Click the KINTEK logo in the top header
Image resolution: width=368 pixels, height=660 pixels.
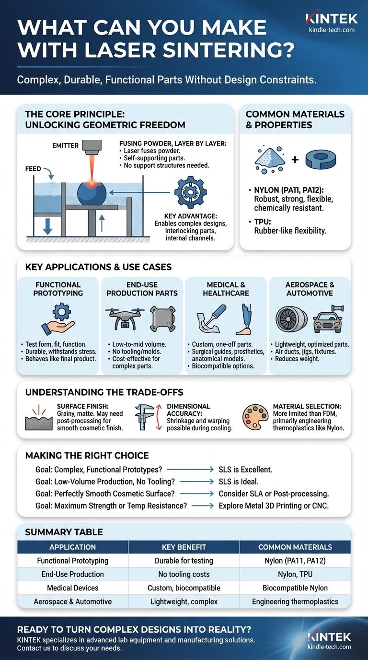331,19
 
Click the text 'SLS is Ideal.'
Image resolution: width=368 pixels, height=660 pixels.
245,481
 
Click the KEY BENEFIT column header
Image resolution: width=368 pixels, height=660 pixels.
184,547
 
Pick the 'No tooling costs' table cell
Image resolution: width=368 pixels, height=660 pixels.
184,574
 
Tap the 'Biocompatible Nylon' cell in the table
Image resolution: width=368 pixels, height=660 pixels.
295,588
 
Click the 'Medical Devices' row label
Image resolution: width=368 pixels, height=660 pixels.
72,588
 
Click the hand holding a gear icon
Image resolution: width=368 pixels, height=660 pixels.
58,319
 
